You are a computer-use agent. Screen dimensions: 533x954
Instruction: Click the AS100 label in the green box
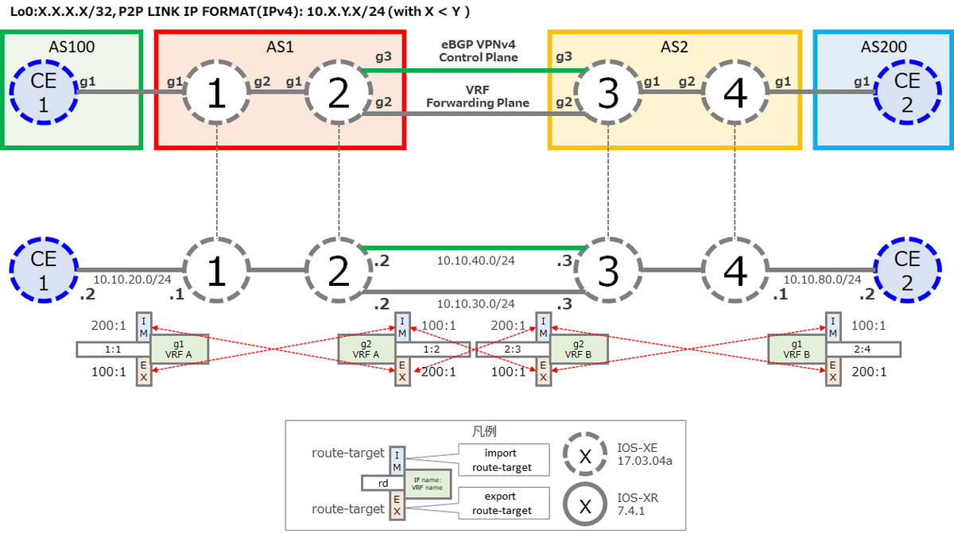72,47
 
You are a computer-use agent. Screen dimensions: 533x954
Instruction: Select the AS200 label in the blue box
882,47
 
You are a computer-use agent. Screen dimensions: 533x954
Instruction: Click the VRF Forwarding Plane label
478,97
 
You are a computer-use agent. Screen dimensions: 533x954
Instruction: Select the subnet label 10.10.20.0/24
133,279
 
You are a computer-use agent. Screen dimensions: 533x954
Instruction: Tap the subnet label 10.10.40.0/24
475,260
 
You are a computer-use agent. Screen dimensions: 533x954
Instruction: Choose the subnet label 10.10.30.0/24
475,303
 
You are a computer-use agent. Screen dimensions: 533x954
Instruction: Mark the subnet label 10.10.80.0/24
822,279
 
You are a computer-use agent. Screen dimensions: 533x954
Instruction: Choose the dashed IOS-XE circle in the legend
584,458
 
